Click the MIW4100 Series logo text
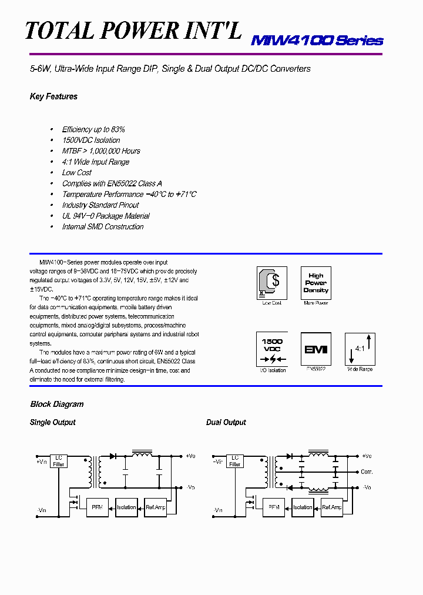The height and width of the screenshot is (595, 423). point(317,41)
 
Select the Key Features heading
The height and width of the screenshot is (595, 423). point(53,96)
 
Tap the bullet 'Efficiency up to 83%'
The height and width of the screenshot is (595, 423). point(93,129)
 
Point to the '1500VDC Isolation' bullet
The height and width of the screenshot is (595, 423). point(91,141)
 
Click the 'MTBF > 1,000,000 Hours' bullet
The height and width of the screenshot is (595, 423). point(101,151)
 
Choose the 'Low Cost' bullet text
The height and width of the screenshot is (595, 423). point(77,173)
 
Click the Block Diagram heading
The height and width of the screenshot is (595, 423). point(57,405)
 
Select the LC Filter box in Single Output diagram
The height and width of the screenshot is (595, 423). point(59,460)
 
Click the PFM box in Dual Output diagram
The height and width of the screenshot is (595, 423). point(274,507)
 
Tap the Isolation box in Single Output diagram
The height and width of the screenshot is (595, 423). point(126,507)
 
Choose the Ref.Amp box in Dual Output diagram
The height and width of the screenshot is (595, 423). point(332,507)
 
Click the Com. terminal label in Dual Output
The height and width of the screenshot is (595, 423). point(367,472)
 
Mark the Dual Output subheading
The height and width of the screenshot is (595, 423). point(226,423)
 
